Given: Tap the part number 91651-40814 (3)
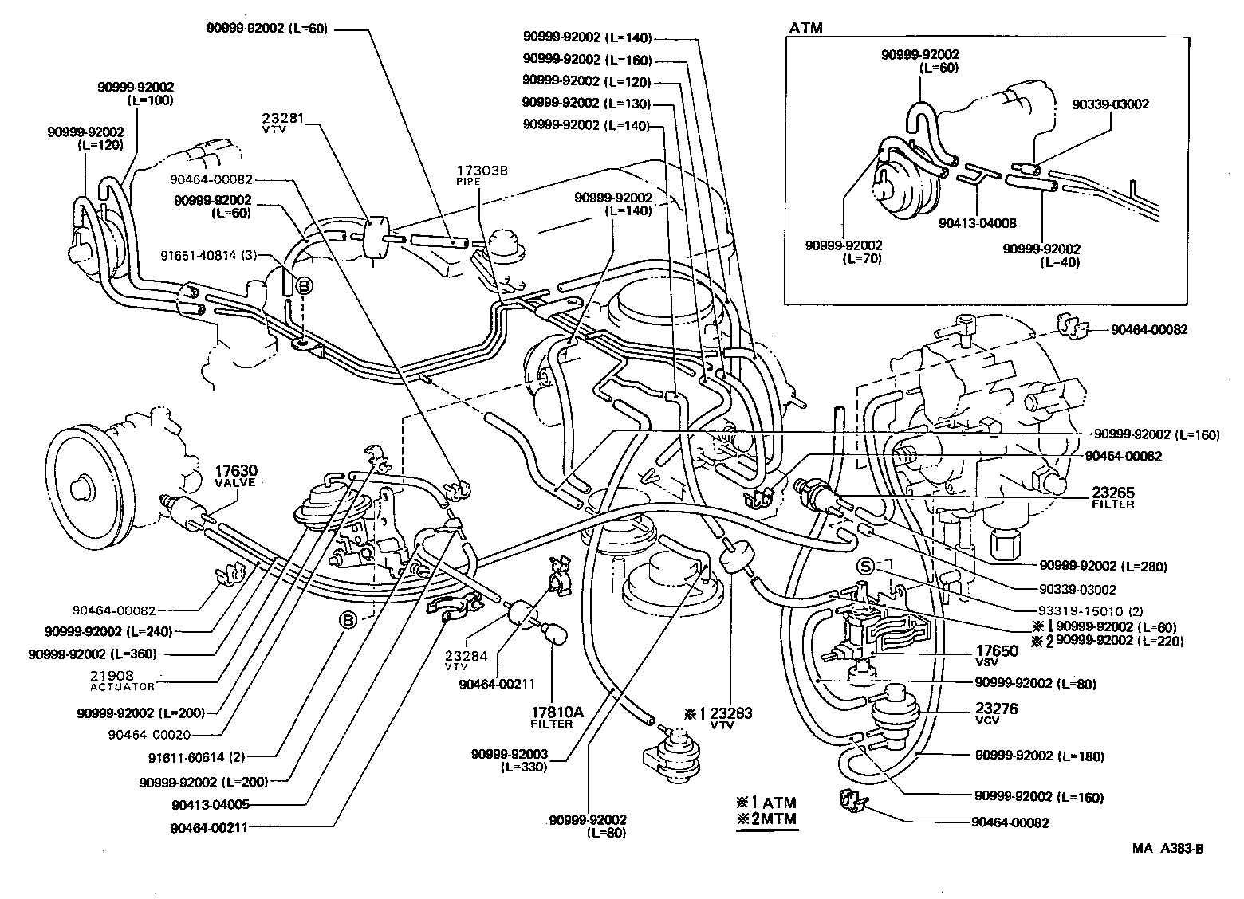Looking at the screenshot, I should click(207, 257).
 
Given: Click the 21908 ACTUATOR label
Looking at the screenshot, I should click(122, 679).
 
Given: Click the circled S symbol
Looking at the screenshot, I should click(867, 566).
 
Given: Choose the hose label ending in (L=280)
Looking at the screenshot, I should click(1103, 567).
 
